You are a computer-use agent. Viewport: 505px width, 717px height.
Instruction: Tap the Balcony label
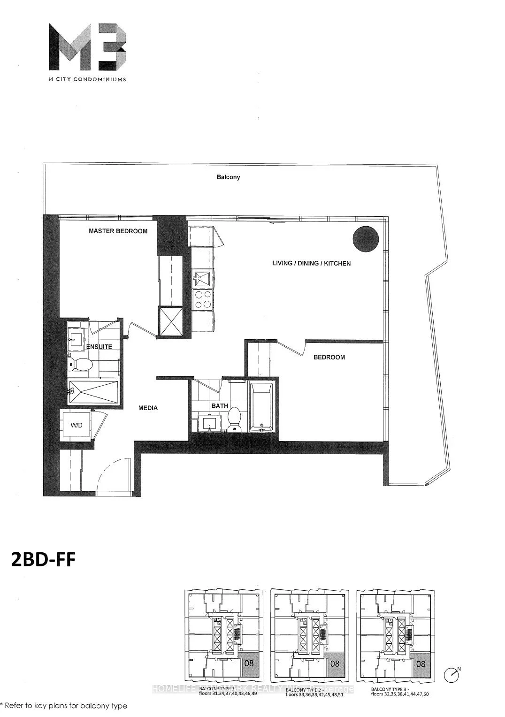pos(228,177)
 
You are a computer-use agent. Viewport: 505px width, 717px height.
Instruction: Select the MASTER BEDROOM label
pos(118,231)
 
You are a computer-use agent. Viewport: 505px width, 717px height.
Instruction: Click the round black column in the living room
pos(366,238)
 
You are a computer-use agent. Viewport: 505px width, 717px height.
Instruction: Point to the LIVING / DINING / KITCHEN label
pos(311,263)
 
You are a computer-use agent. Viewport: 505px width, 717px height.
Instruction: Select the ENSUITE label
pos(99,347)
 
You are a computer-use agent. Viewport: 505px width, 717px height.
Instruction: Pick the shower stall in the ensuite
pos(93,392)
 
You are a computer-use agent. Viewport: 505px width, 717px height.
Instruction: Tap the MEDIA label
pos(148,408)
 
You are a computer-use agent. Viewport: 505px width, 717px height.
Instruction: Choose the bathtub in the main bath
pos(261,406)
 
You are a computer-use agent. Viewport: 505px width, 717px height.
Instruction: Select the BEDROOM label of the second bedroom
pos(329,357)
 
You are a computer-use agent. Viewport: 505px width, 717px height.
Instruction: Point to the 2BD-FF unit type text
pos(43,559)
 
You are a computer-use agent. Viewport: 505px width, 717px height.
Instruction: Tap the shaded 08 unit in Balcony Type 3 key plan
pos(421,664)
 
